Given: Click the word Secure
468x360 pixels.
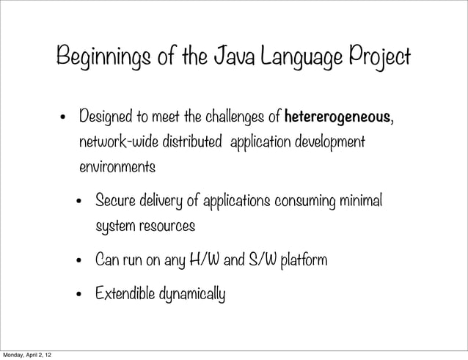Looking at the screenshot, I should coord(115,201).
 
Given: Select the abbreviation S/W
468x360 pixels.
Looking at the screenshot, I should coord(264,260).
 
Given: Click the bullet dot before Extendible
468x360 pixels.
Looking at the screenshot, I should coord(81,296).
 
